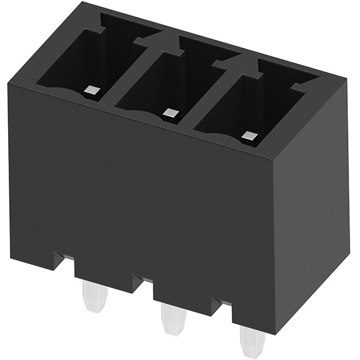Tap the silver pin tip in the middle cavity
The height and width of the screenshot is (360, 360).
pyautogui.click(x=169, y=113)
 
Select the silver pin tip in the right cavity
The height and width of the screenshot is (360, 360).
pyautogui.click(x=249, y=137)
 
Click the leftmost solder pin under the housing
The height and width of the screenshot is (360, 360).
pyautogui.click(x=95, y=295)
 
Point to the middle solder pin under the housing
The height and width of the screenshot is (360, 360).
pyautogui.click(x=173, y=318)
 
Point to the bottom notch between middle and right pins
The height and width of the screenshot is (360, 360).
pyautogui.click(x=222, y=306)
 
